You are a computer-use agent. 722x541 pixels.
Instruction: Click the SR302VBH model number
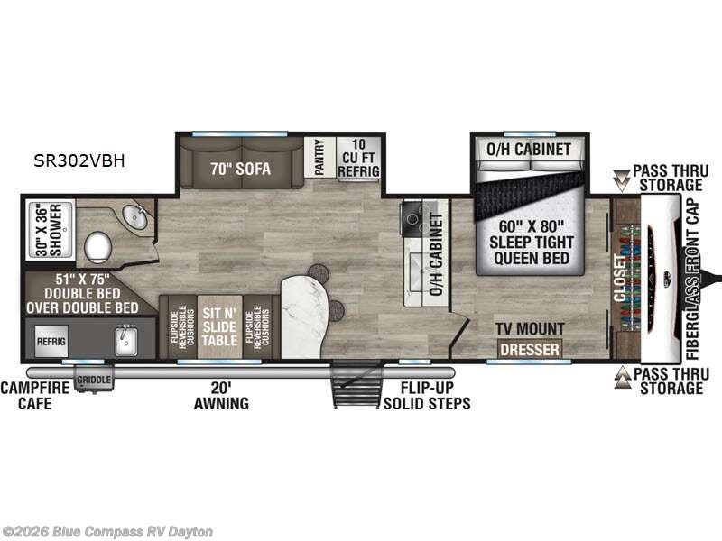tap(81, 162)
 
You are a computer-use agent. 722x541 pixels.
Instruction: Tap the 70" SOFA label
tap(241, 168)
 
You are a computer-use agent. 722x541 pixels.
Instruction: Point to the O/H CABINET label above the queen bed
tap(529, 149)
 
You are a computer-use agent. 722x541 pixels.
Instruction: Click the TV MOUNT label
tap(530, 328)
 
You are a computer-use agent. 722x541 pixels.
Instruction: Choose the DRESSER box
tap(530, 349)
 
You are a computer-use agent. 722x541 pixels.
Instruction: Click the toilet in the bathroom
tap(97, 245)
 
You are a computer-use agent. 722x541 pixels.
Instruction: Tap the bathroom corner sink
tap(136, 217)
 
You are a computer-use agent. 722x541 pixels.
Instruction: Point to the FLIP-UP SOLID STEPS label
tap(426, 394)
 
